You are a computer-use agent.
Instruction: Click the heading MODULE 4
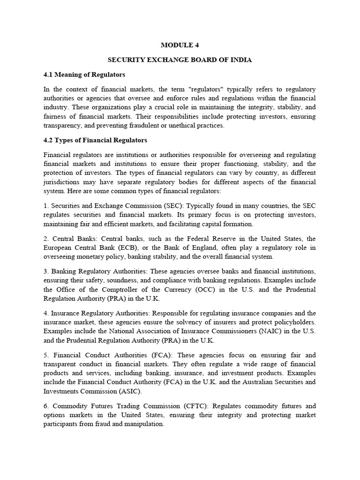pyautogui.click(x=180, y=45)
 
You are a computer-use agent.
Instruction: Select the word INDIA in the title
pyautogui.click(x=239, y=60)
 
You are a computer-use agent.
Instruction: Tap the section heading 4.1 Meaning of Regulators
pyautogui.click(x=84, y=75)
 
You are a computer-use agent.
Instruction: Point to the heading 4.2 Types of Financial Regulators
pyautogui.click(x=95, y=140)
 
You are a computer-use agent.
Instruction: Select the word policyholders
pyautogui.click(x=293, y=322)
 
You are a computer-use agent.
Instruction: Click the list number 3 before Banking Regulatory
pyautogui.click(x=45, y=271)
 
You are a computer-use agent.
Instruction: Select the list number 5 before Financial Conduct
pyautogui.click(x=45, y=355)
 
